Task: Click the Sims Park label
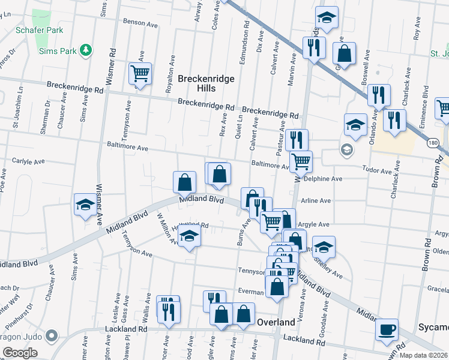[x=57, y=50]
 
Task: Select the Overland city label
[x=276, y=322]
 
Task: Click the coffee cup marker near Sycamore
[x=387, y=329]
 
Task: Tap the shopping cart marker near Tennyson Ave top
[x=140, y=74]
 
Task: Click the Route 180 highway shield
[x=432, y=143]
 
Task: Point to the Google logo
[x=20, y=353]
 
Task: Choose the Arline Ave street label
[x=316, y=201]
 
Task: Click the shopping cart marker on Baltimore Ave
[x=300, y=160]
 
